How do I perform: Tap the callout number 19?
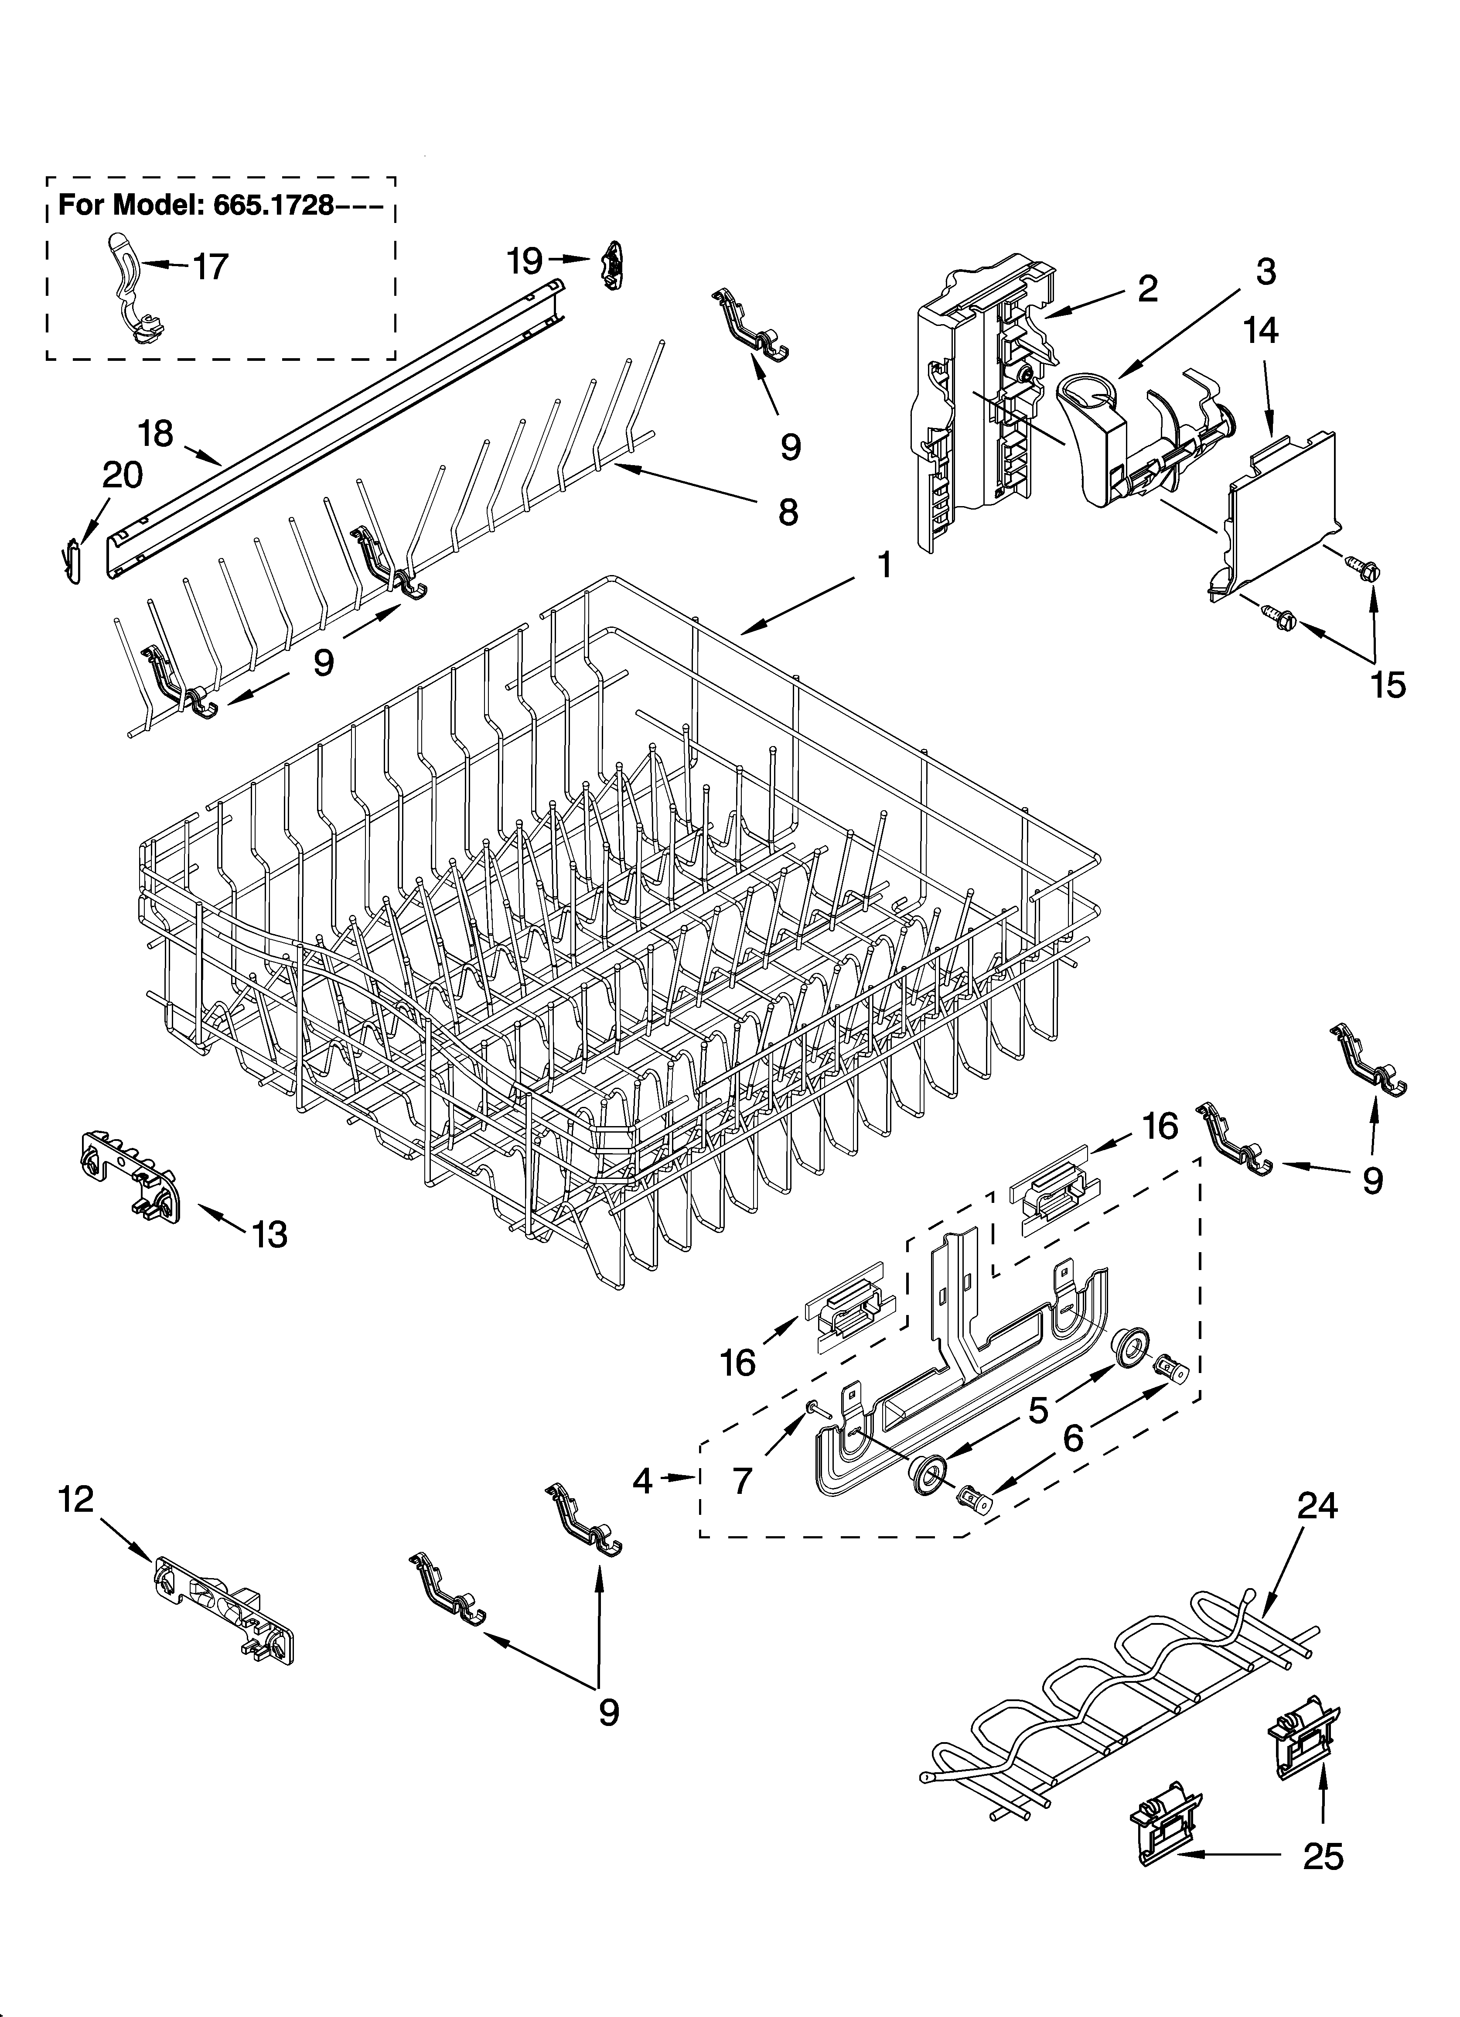525,260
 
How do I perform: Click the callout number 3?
1265,271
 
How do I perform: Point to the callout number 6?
1073,1438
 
